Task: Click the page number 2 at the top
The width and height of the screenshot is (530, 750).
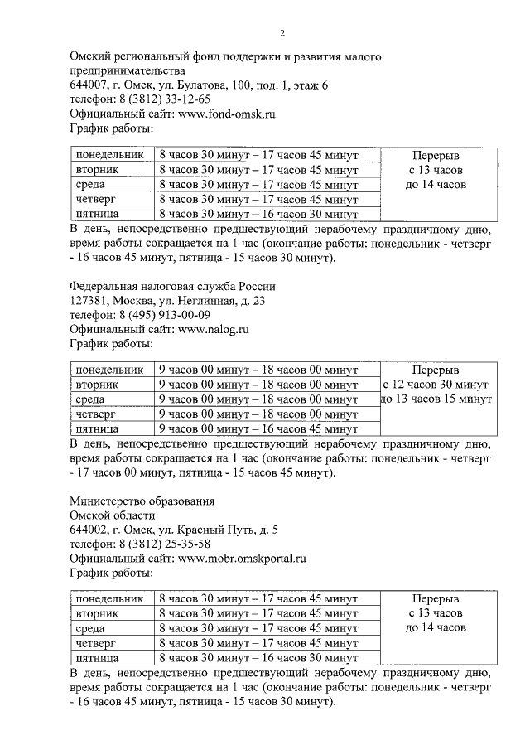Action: tap(282, 33)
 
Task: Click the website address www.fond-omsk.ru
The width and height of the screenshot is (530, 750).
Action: tap(229, 114)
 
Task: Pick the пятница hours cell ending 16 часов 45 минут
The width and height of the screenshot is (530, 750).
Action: tap(258, 428)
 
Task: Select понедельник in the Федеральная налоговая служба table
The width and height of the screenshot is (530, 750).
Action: tap(108, 370)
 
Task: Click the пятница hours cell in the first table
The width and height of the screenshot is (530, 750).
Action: tap(258, 214)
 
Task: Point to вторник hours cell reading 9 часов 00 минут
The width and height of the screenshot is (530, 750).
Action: tap(258, 385)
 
